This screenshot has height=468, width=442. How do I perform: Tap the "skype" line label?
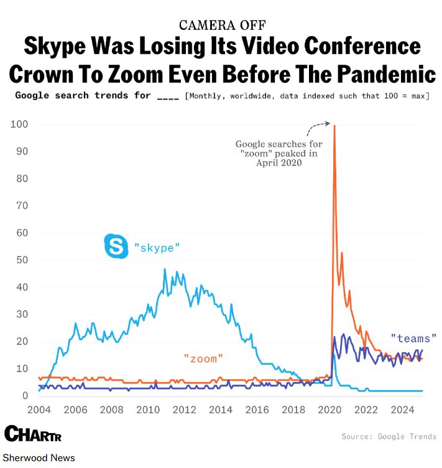(157, 248)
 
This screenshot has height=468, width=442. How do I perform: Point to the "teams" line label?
(413, 339)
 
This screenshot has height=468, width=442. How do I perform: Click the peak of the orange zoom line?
(334, 126)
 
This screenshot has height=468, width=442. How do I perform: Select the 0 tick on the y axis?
(25, 396)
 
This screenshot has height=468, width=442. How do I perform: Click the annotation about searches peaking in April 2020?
(279, 154)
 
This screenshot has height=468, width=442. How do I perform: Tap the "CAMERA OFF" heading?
(222, 25)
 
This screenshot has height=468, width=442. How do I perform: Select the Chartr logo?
(32, 434)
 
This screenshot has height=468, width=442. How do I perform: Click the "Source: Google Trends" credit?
(389, 436)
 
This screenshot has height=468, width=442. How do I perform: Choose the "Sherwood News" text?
(39, 458)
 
